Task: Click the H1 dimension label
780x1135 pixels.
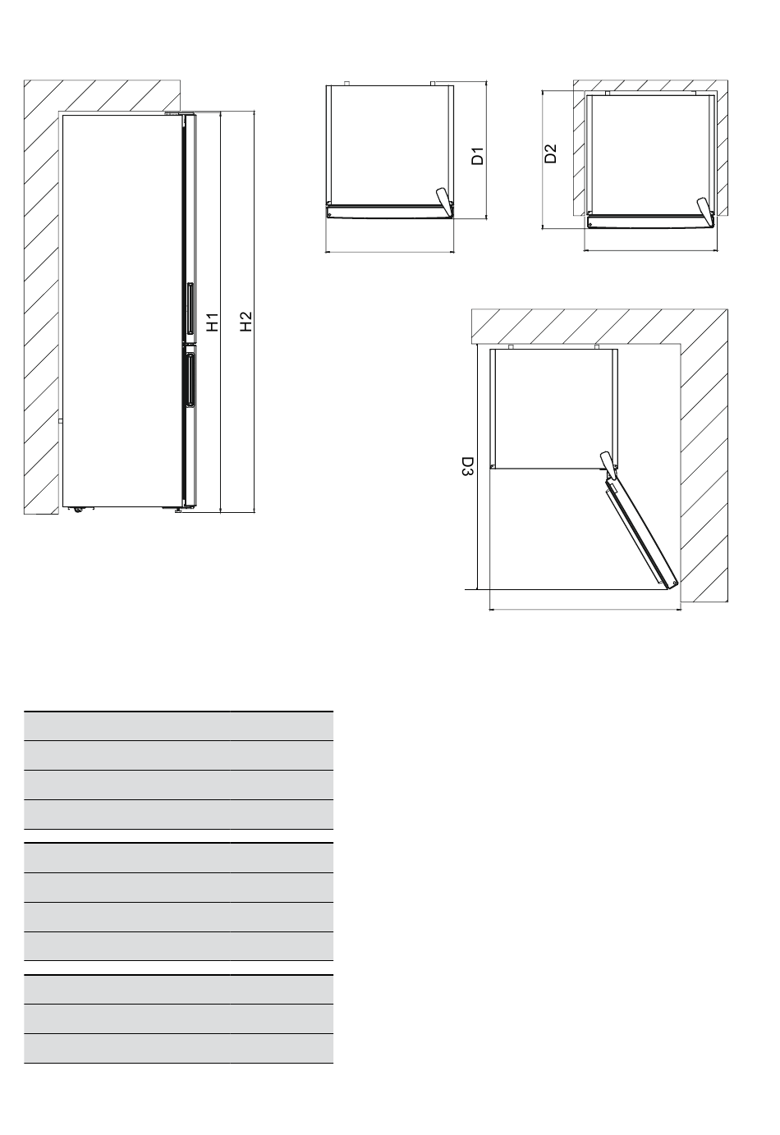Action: coord(213,323)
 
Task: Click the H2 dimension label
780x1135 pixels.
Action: coord(246,321)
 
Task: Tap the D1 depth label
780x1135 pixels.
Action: coord(478,156)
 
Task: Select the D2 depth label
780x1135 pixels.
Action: coord(550,153)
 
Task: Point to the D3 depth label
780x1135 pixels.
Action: coord(467,467)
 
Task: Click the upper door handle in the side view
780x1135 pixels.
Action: coord(190,308)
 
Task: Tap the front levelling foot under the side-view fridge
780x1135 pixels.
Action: coord(178,510)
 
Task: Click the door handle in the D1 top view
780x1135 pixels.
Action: coord(443,201)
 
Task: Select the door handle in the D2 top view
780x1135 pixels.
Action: coord(704,210)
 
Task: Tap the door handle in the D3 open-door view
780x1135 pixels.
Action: coord(608,465)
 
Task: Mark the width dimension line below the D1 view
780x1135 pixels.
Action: coord(389,251)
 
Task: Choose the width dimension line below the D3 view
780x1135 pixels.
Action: coord(585,609)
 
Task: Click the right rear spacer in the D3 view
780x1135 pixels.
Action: coord(597,346)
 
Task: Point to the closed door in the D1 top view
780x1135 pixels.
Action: coord(388,211)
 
